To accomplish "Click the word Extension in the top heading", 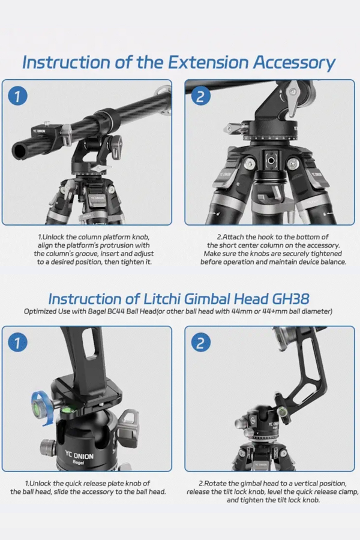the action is click(x=208, y=62).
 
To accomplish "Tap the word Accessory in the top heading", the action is click(x=294, y=63).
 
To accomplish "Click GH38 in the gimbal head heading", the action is click(x=290, y=299).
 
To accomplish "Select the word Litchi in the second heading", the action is click(x=161, y=299).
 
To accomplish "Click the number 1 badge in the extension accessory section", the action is click(x=17, y=96).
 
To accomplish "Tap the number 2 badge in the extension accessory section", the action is click(x=200, y=96).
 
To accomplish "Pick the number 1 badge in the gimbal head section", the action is click(x=17, y=343).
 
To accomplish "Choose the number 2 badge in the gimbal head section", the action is click(x=200, y=343).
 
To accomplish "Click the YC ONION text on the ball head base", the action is click(x=79, y=454).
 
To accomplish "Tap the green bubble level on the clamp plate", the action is click(x=68, y=409).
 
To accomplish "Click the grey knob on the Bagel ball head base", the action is click(x=47, y=448).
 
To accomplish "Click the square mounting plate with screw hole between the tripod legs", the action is click(x=271, y=160).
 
